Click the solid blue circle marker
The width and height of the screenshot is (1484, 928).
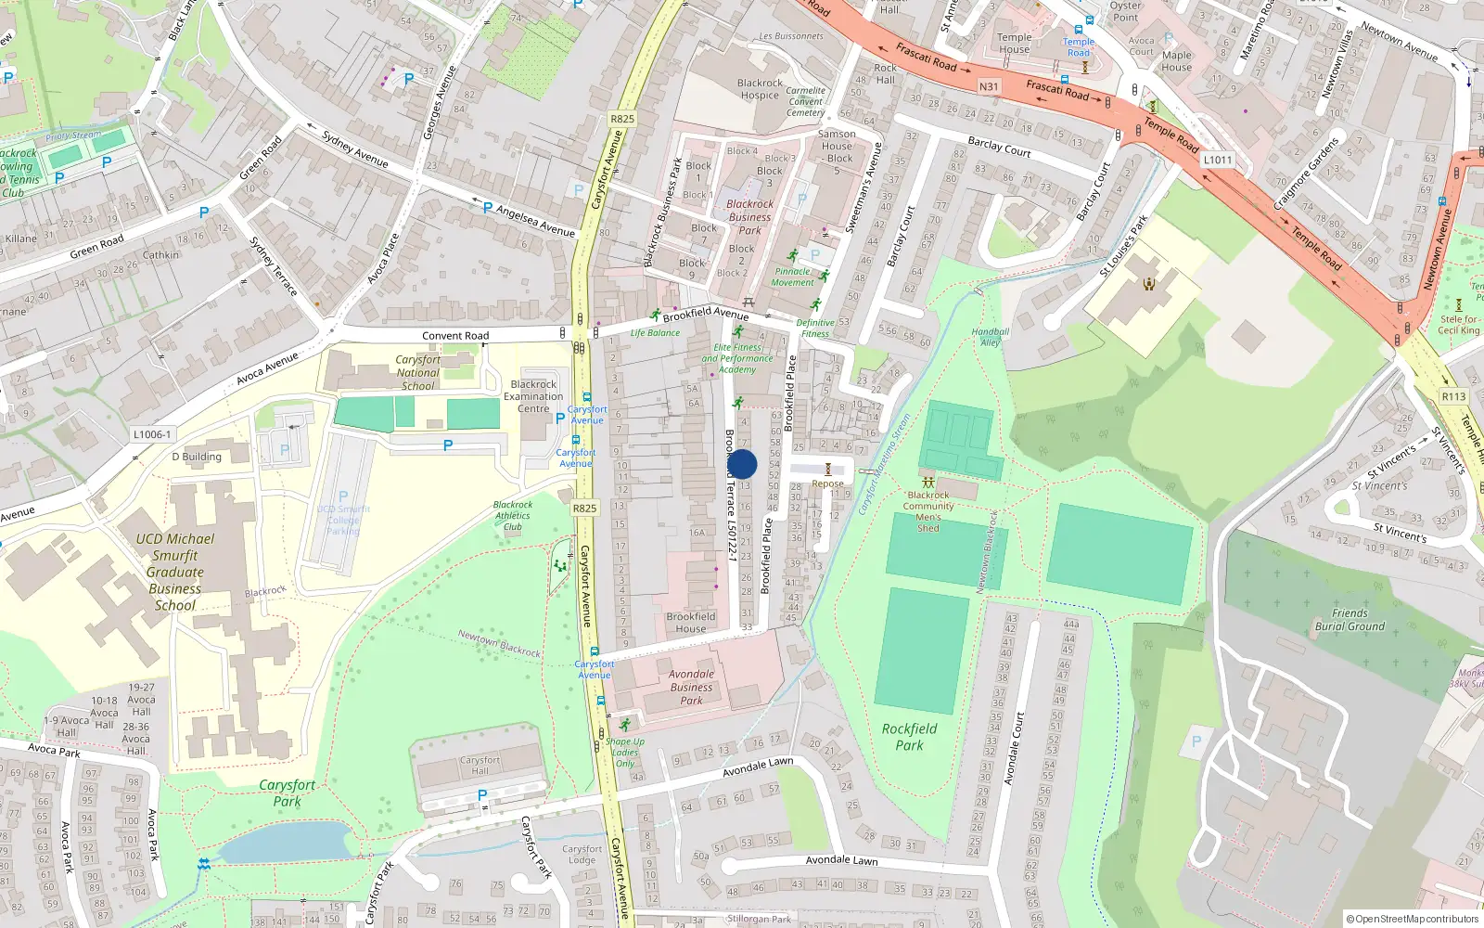(x=741, y=464)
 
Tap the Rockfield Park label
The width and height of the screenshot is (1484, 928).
(x=909, y=737)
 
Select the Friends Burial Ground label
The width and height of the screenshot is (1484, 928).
(x=1350, y=620)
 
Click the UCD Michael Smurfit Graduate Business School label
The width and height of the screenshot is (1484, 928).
(x=174, y=572)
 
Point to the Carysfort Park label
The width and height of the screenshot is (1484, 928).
(x=287, y=793)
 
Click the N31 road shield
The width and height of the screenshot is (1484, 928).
(x=989, y=86)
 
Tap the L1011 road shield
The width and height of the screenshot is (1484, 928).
(x=1217, y=160)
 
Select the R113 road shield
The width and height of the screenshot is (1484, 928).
(x=1453, y=396)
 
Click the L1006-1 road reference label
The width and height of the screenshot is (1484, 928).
(x=151, y=433)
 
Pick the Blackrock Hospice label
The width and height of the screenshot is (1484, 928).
(x=760, y=89)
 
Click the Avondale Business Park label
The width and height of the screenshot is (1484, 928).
(x=691, y=688)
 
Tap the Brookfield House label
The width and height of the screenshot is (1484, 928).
(x=690, y=623)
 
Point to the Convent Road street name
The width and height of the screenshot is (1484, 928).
(x=455, y=336)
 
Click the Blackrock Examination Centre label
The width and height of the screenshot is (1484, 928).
(x=533, y=396)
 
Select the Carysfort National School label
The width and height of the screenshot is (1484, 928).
(x=417, y=372)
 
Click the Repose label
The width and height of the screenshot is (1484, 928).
(x=827, y=483)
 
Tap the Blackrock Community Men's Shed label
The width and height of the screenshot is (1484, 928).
(x=928, y=511)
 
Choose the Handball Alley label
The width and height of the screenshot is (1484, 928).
(x=990, y=337)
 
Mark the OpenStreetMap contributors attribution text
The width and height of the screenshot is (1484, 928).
(x=1412, y=919)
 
